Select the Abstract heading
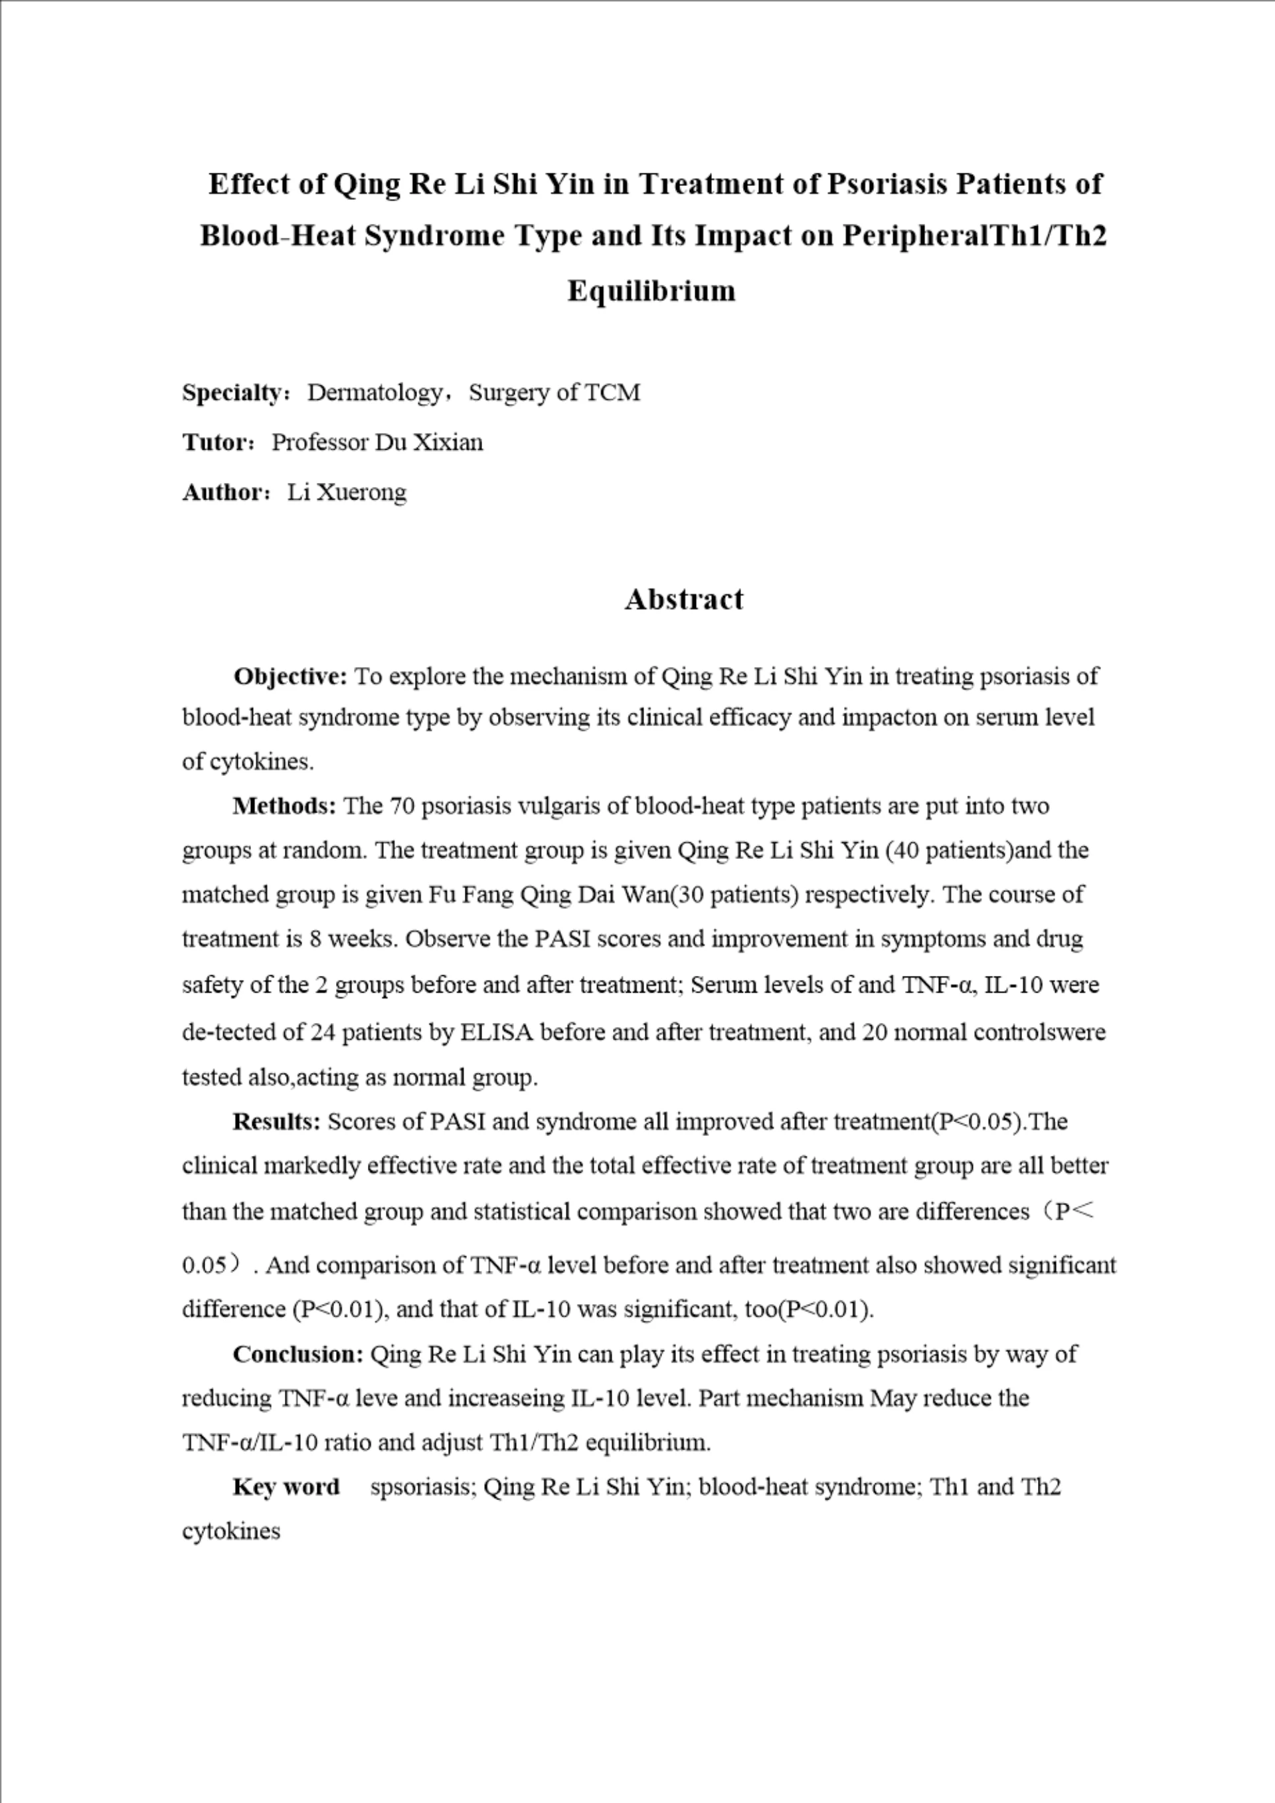point(684,600)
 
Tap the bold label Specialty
point(232,392)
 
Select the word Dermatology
point(375,392)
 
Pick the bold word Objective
point(290,676)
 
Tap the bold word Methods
point(284,806)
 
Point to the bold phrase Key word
point(286,1487)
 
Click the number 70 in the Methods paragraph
point(401,807)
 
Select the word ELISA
point(495,1032)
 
